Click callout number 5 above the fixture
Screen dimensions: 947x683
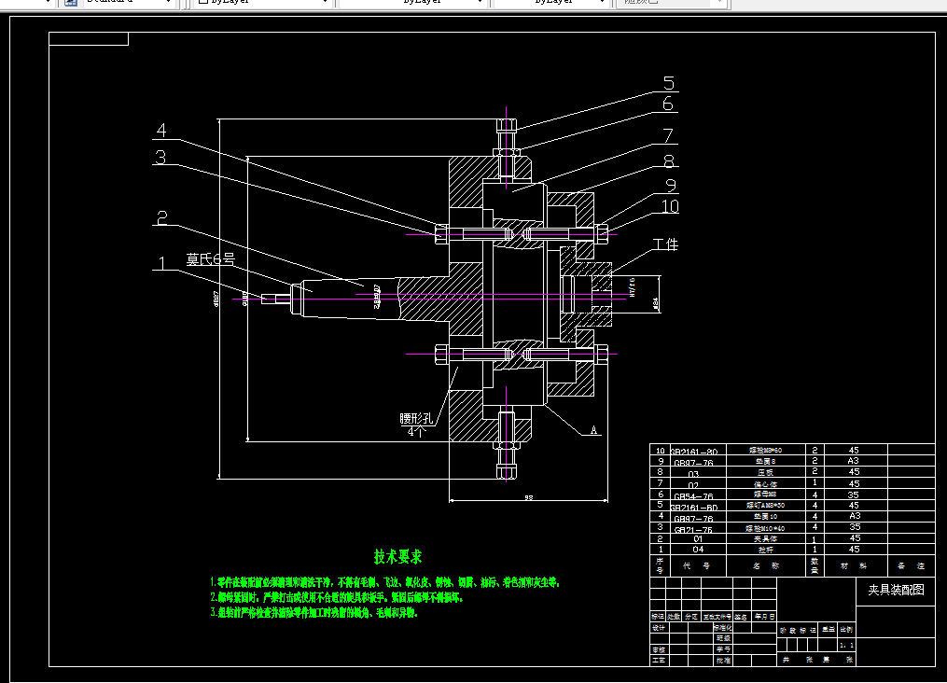click(669, 84)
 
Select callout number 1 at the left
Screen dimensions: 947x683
click(161, 264)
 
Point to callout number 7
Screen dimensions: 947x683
click(668, 136)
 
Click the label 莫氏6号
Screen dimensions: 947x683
click(210, 258)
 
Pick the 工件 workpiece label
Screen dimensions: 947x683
click(665, 244)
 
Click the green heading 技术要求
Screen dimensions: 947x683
click(398, 557)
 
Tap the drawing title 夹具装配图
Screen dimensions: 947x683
click(896, 590)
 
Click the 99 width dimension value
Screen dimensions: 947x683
click(528, 497)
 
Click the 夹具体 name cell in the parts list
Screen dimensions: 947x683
click(765, 539)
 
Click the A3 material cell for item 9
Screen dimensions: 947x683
click(853, 461)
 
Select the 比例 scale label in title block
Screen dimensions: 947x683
click(846, 630)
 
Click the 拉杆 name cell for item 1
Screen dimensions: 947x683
click(765, 550)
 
